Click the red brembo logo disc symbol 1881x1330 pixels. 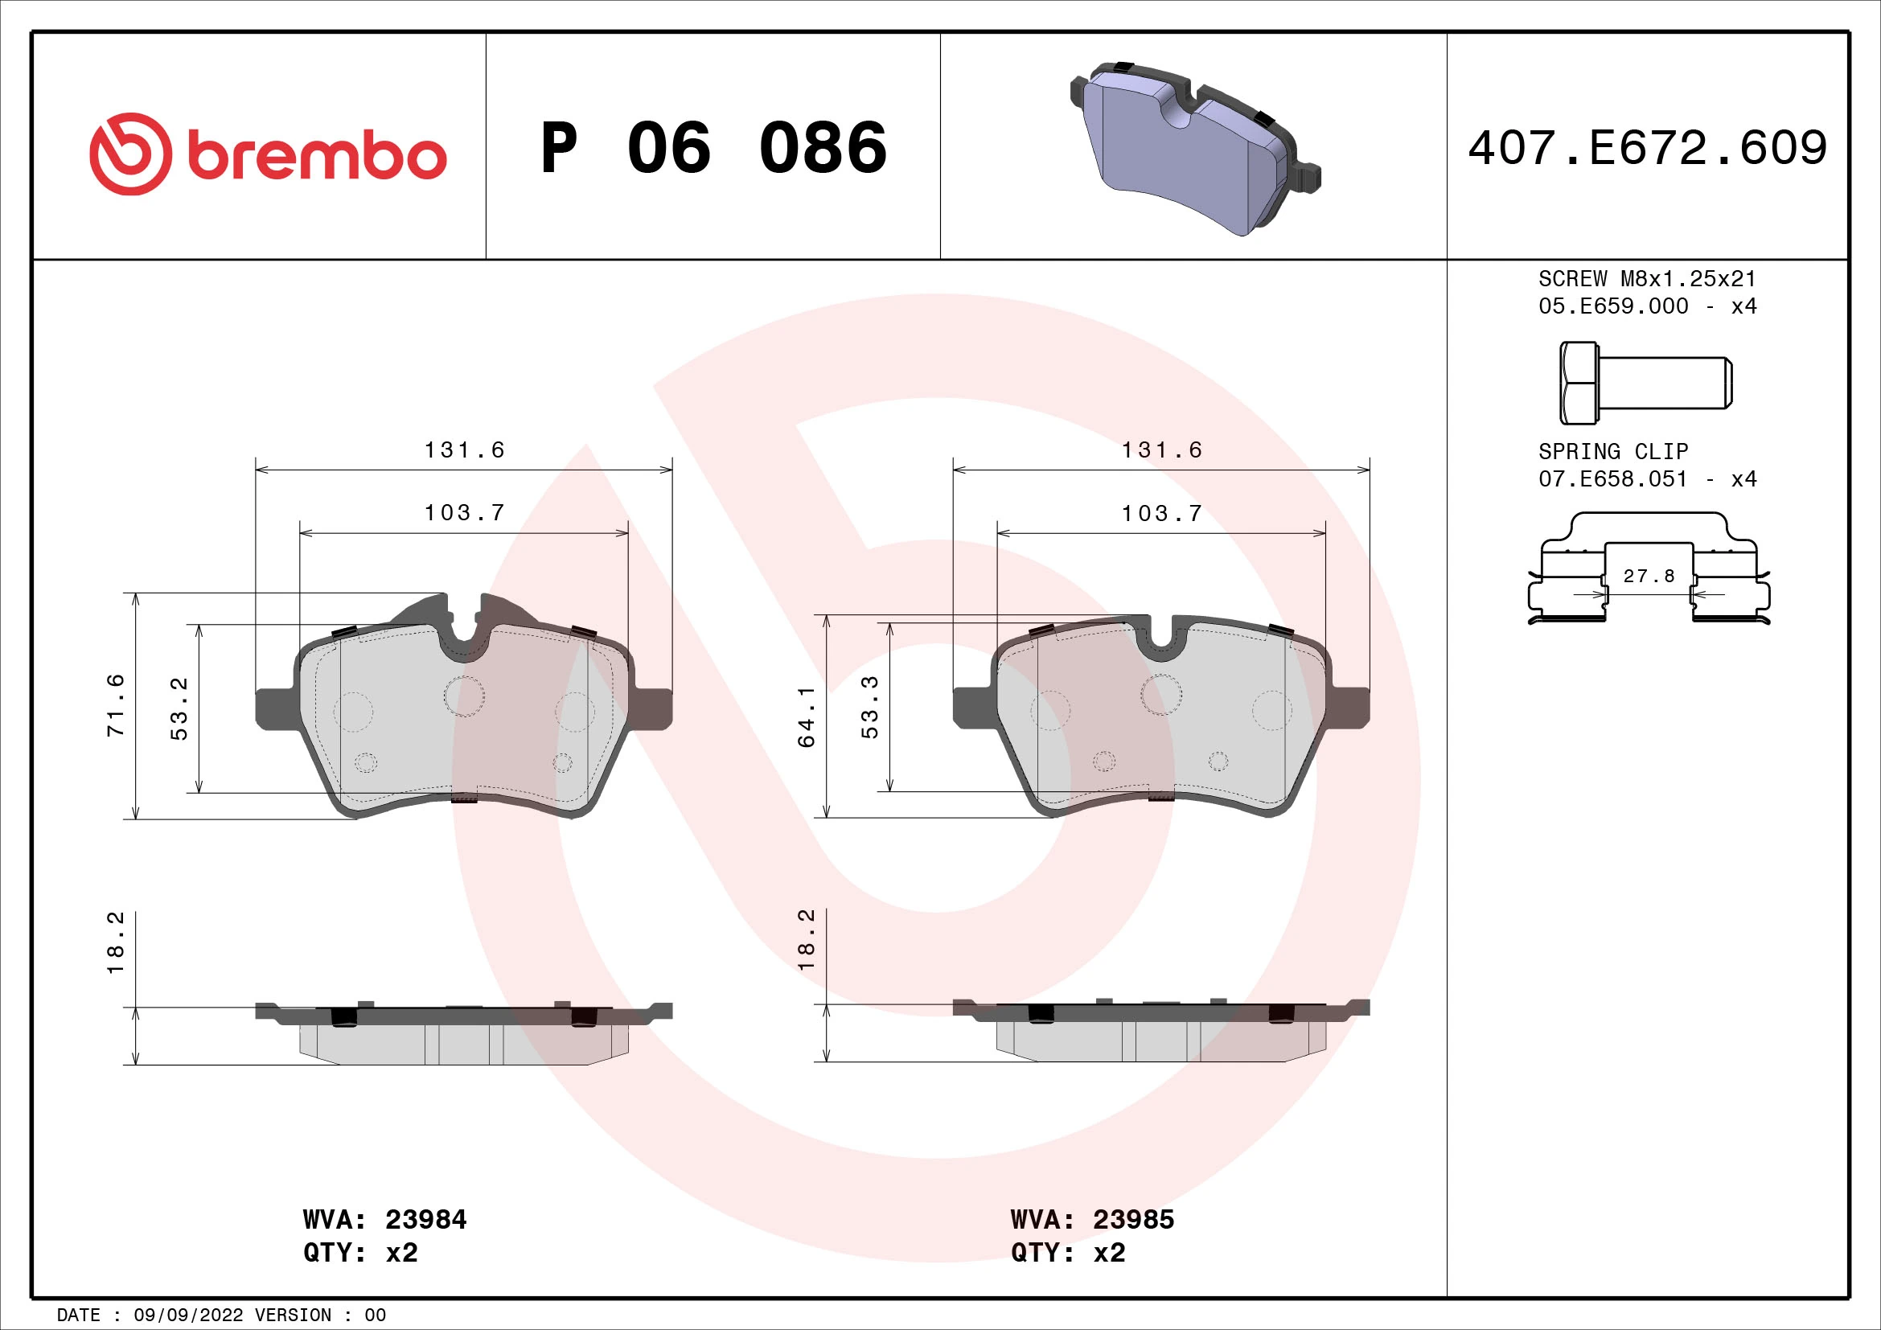(131, 154)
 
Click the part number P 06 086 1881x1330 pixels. (713, 148)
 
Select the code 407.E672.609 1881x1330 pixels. (1648, 148)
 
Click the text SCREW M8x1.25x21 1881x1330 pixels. (1647, 278)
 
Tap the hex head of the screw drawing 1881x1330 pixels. (1578, 383)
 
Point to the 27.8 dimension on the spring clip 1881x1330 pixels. (1649, 576)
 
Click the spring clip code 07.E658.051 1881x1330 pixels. (1612, 479)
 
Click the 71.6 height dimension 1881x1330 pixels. (117, 705)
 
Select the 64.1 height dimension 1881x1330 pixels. (807, 716)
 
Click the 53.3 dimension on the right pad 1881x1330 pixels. (870, 707)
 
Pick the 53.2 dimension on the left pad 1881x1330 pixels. (179, 708)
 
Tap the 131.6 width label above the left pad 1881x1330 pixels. (465, 449)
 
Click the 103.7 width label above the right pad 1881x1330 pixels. (1162, 514)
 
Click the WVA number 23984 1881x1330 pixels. (426, 1220)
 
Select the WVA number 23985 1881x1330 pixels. (1133, 1220)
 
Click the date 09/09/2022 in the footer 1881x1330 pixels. (188, 1316)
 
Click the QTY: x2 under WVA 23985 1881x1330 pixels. (1067, 1253)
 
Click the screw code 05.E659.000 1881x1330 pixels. (1612, 306)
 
